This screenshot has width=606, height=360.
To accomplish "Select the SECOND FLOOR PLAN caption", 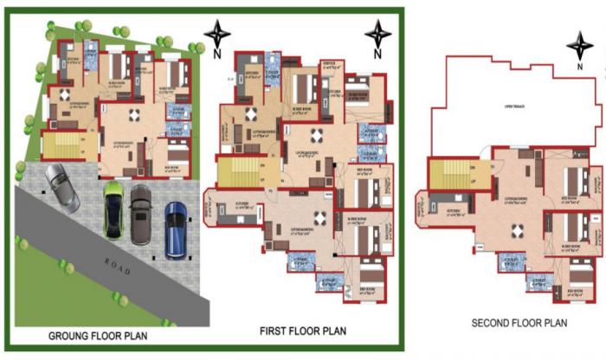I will (519, 323).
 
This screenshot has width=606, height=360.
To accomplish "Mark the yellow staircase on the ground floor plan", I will (60, 146).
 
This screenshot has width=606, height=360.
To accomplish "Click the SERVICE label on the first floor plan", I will (329, 63).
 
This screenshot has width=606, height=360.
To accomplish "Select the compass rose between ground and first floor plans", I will (216, 35).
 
